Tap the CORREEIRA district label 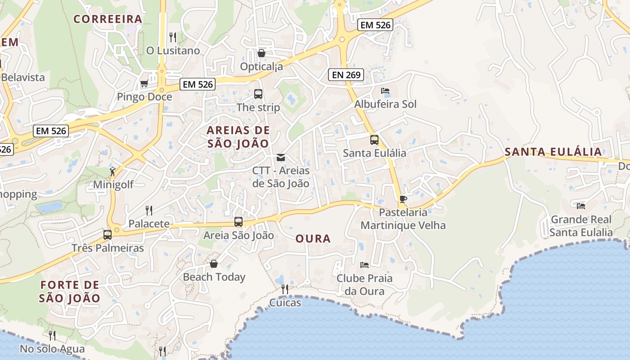[x=108, y=19]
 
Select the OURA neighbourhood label [x=313, y=238]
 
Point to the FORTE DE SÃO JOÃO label [x=69, y=291]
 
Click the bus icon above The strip [x=258, y=94]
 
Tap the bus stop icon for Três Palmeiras [x=107, y=234]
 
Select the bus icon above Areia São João [x=238, y=222]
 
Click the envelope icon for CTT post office [x=281, y=157]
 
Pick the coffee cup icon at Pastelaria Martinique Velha [x=403, y=199]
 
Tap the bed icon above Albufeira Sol [x=385, y=91]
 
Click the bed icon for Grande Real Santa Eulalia [x=581, y=206]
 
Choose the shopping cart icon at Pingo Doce [x=144, y=83]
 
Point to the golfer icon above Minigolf [x=112, y=171]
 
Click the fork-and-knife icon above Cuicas [x=284, y=289]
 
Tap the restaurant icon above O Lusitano [x=173, y=37]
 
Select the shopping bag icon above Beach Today [x=214, y=263]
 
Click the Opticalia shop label [x=261, y=67]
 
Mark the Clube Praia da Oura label [x=364, y=284]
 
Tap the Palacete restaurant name [x=149, y=224]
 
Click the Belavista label [x=23, y=77]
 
